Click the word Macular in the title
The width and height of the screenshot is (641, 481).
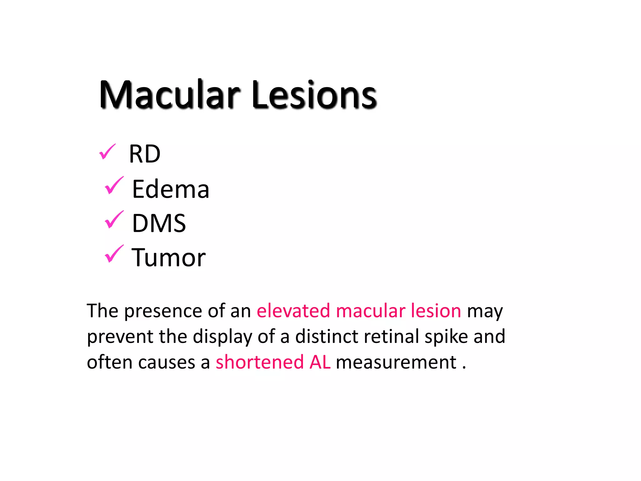click(x=169, y=95)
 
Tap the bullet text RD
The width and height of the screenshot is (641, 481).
click(x=145, y=154)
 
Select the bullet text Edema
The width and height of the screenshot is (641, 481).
click(x=171, y=189)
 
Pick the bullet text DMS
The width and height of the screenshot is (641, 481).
click(x=159, y=223)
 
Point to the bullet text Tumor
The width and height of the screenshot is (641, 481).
click(x=168, y=257)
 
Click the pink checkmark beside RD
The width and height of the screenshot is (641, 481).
click(x=107, y=152)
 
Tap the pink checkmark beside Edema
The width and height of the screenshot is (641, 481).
click(x=114, y=185)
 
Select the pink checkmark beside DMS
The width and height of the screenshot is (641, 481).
click(x=114, y=220)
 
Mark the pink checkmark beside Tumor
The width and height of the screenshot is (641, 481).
click(x=114, y=254)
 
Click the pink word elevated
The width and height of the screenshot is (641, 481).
click(x=293, y=311)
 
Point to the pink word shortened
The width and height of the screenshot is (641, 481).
click(x=259, y=362)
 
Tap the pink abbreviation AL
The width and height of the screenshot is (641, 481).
click(x=320, y=362)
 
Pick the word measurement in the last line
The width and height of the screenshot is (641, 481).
click(x=396, y=362)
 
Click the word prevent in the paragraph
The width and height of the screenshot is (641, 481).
click(x=120, y=337)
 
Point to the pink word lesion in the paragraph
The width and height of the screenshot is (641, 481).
click(x=436, y=311)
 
